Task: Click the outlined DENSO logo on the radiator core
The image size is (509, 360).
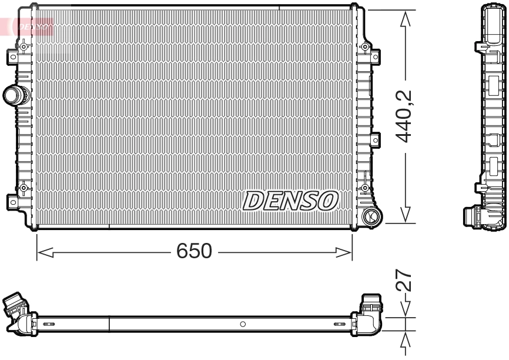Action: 290,201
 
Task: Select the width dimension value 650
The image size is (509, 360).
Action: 194,252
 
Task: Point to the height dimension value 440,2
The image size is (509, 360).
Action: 404,116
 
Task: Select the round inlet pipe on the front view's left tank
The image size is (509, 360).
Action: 14,94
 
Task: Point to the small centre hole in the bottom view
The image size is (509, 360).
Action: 243,324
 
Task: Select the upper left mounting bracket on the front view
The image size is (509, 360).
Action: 12,57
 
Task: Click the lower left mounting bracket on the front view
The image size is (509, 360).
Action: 12,201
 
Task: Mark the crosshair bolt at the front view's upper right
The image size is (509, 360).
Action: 365,46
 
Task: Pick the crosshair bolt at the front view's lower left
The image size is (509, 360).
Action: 23,188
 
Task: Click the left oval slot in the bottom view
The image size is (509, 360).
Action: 48,324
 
